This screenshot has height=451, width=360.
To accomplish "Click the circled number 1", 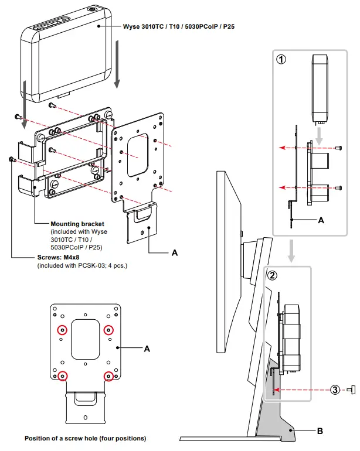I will tap(281, 60).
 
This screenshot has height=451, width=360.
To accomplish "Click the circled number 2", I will tap(271, 275).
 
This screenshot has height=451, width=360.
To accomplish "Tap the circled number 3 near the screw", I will tap(334, 389).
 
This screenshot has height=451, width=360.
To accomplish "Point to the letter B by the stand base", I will tap(320, 432).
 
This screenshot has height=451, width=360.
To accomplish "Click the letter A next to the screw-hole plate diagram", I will tap(147, 348).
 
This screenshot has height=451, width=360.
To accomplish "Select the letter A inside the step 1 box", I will tap(320, 220).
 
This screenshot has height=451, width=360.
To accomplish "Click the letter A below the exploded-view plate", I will tap(174, 252).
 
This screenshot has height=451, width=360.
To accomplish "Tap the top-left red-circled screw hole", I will tap(60, 330).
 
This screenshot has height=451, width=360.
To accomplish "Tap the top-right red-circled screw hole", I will tap(108, 330).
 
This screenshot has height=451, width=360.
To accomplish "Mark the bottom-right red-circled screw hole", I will tap(108, 375).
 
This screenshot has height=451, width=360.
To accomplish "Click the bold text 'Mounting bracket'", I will tap(77, 224).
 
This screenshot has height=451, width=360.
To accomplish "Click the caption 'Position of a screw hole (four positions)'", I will tap(85, 438).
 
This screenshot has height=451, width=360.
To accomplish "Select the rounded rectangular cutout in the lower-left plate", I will tap(84, 339).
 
